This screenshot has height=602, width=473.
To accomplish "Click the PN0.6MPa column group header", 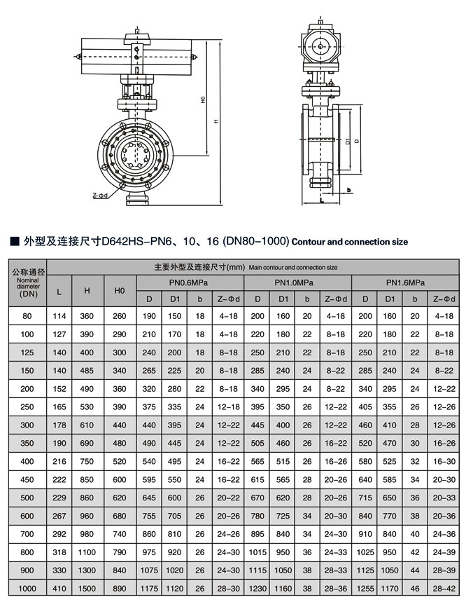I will (x=190, y=283).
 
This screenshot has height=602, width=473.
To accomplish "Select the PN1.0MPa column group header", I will (x=297, y=283).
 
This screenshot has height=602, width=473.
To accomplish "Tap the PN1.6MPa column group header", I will (x=405, y=283).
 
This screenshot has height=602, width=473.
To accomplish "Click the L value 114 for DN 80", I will (x=60, y=316).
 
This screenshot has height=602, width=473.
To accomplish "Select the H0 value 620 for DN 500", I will (x=120, y=499).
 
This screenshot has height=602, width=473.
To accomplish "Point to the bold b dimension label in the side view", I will (x=348, y=190).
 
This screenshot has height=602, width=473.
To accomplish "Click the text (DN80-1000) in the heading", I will (x=255, y=241).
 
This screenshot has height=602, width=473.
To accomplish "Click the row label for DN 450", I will (x=27, y=481).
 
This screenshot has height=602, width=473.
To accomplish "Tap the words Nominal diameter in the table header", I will (x=27, y=283).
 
